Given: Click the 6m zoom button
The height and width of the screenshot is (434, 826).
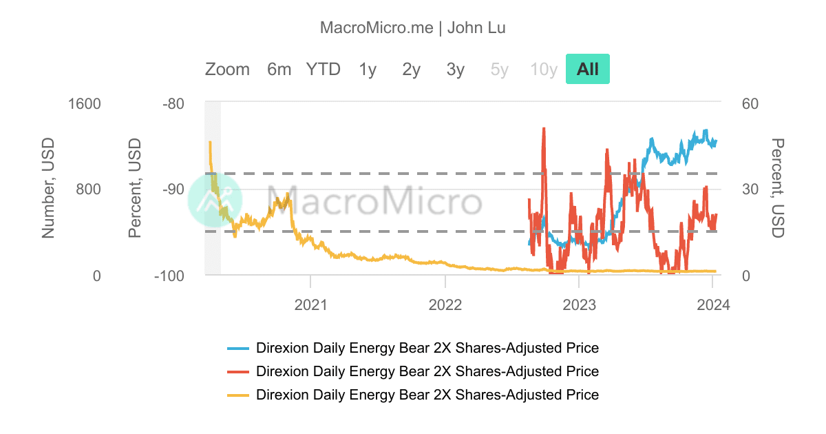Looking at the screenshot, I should (279, 69).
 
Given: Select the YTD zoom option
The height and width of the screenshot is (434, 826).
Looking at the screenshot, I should (324, 69).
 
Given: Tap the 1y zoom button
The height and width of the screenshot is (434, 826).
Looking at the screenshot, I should (368, 69).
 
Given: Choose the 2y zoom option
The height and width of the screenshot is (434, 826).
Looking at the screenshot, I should (412, 69).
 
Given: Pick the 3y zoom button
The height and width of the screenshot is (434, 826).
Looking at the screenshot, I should (456, 69).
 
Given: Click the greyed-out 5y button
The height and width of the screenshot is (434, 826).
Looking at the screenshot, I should (500, 69).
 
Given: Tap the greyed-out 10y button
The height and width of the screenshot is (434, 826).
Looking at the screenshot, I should (544, 69).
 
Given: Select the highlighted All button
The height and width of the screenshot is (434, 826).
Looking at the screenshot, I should (588, 69).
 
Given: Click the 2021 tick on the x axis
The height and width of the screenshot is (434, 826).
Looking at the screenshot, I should (310, 303).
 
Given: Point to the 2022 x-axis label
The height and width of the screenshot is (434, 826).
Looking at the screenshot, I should (445, 303).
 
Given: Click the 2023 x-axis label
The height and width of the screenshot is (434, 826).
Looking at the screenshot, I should (580, 303).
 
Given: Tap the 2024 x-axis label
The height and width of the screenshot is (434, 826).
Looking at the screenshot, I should (714, 303).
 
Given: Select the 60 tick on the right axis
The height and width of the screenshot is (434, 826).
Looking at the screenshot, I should (750, 104).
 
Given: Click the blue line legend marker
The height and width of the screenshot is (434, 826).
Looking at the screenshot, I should (237, 348).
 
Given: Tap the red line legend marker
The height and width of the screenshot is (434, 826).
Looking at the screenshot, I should (237, 372).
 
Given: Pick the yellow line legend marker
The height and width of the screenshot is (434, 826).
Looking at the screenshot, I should (237, 395).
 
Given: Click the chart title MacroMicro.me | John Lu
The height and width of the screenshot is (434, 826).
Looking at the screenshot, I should (413, 28).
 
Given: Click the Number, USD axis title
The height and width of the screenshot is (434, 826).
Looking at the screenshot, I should (48, 188).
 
